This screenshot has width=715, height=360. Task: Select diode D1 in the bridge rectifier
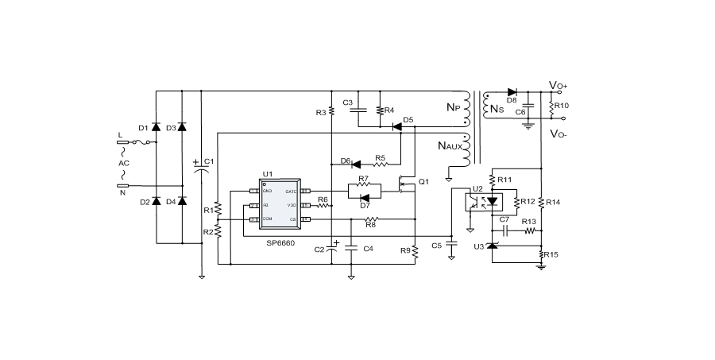(x=156, y=127)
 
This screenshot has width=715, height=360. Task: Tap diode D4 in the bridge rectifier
(x=182, y=201)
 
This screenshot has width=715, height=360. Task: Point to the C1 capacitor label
(x=209, y=162)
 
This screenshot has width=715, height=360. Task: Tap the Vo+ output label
(x=558, y=85)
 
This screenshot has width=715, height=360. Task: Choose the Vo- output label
(x=558, y=134)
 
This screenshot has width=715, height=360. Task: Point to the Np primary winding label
(x=452, y=107)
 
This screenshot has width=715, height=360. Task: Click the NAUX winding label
(x=450, y=145)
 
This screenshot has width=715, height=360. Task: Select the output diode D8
(x=512, y=93)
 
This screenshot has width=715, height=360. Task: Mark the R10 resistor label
(x=562, y=106)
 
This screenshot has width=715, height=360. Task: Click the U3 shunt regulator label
(x=478, y=247)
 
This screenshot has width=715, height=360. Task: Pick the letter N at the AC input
(x=122, y=192)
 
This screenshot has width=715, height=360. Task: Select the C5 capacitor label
(x=436, y=246)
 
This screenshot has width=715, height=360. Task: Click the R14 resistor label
(x=554, y=203)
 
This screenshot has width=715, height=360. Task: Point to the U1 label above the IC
(x=268, y=175)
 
